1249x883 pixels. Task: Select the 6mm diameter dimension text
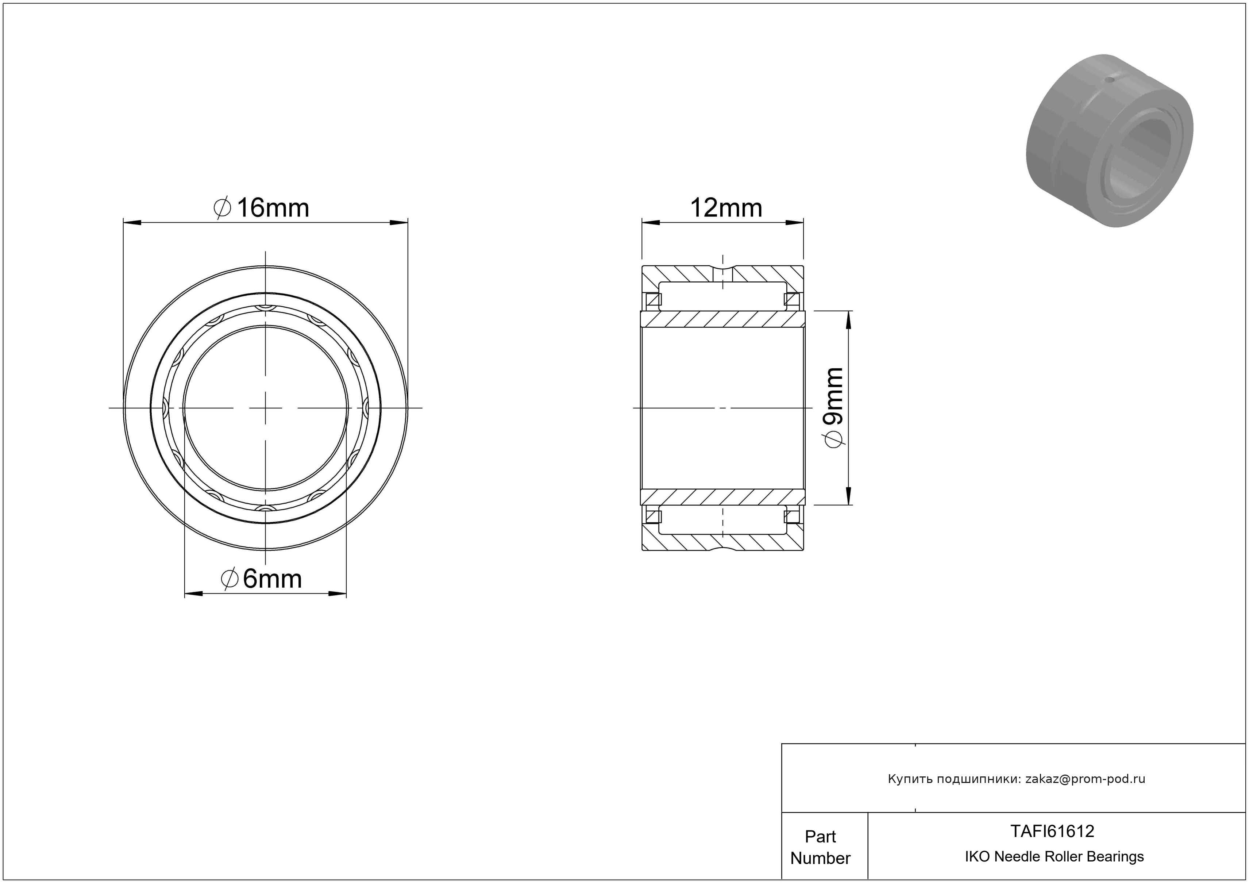(261, 578)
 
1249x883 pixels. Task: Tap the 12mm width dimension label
(726, 208)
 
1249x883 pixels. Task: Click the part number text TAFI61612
(1052, 831)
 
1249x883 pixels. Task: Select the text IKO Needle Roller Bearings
(1054, 856)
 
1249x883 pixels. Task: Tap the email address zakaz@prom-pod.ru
(1085, 779)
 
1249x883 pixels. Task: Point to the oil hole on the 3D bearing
(1110, 80)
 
